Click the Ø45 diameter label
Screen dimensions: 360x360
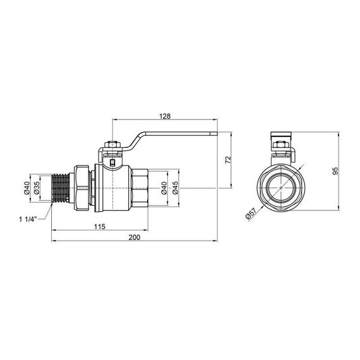pos(175,188)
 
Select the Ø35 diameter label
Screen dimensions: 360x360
pos(37,188)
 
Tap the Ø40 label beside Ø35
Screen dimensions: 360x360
pos(27,188)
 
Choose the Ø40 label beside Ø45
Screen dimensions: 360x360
pos(164,188)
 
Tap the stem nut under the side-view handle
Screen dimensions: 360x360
pos(113,152)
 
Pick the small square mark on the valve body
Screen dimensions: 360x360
pos(112,165)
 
